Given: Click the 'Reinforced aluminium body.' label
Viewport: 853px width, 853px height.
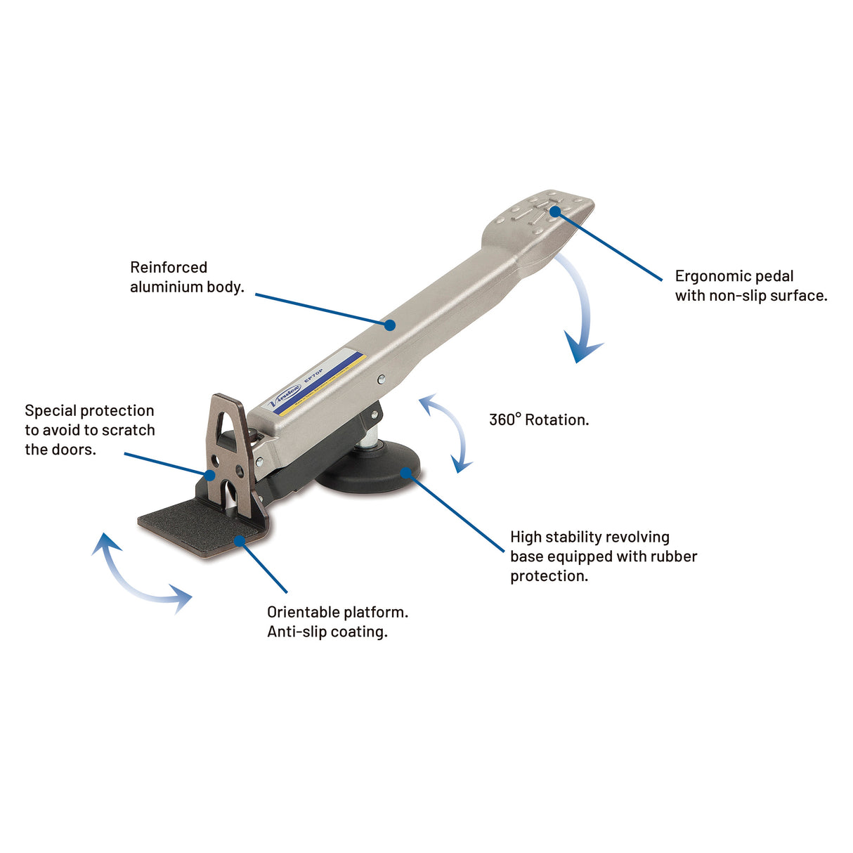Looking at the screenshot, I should (186, 277).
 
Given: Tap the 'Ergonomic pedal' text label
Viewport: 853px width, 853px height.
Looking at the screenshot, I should (734, 276).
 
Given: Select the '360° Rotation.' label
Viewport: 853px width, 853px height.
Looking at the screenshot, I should (539, 420).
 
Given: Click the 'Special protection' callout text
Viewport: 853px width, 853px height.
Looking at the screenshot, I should (89, 411).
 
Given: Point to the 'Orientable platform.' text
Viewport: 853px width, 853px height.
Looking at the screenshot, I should (337, 612).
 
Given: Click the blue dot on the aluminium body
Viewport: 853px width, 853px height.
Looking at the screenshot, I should (389, 324).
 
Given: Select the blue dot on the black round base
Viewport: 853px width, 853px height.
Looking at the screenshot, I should (406, 472).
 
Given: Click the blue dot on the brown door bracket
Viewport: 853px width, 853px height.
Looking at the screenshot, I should (211, 475).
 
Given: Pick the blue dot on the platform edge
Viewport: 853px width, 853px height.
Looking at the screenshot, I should (240, 540).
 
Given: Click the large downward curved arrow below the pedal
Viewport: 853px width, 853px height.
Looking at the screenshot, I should (582, 316).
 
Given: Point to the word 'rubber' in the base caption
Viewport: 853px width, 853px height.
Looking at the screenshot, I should (674, 556).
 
